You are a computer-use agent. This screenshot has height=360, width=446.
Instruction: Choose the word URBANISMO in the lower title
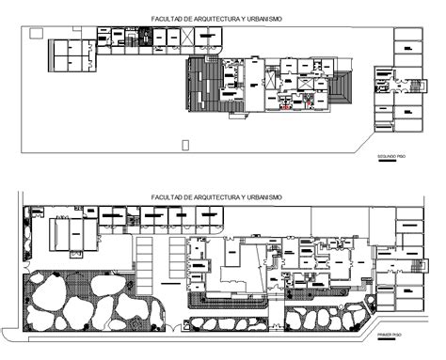click(264, 197)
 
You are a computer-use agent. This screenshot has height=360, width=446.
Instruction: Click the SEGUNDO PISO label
click(390, 155)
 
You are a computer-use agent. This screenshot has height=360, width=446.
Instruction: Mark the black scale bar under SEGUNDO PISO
click(386, 162)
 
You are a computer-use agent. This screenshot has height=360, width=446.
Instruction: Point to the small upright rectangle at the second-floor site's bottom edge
click(185, 143)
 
